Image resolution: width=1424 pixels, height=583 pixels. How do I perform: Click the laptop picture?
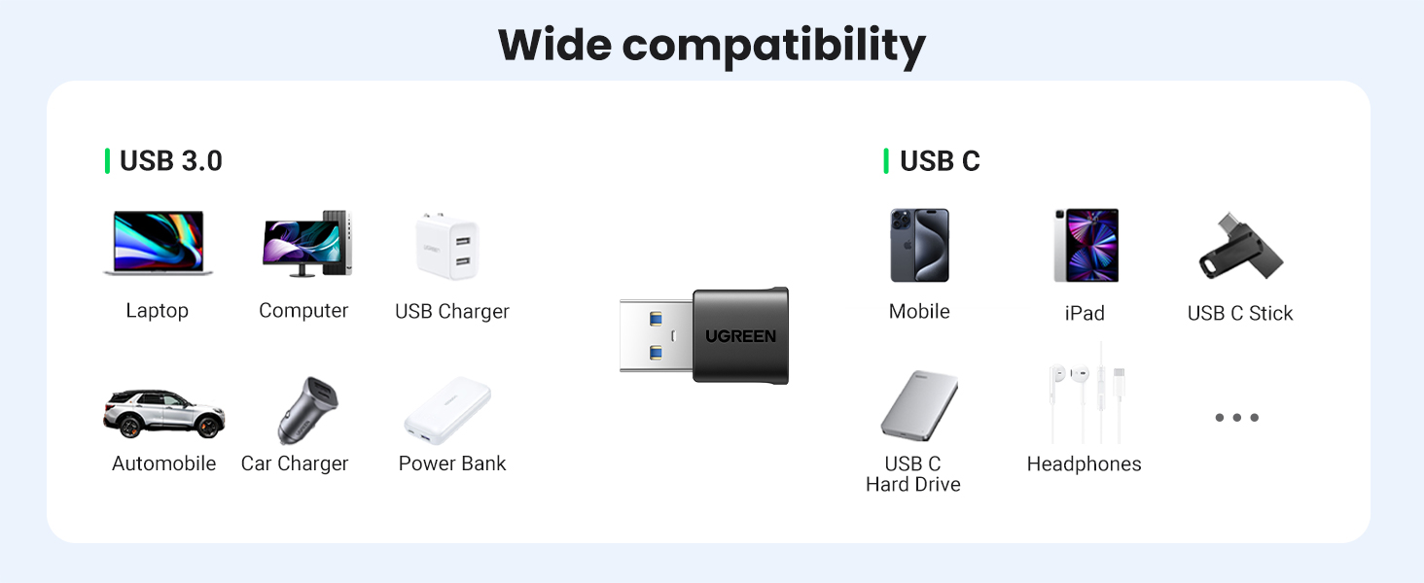tap(158, 243)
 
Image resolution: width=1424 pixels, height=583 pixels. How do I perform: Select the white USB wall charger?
tap(448, 247)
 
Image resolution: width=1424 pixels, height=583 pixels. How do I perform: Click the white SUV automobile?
tap(163, 414)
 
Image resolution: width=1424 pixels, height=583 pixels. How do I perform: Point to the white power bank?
tap(447, 410)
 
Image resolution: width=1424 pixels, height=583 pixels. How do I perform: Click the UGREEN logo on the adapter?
tap(740, 336)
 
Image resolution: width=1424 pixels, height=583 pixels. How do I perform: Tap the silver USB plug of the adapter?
tap(656, 335)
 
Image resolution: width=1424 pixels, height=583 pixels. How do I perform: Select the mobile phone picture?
tap(919, 245)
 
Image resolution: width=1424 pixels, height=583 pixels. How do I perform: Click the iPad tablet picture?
tap(1086, 245)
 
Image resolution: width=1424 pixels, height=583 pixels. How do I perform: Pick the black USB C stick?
tap(1240, 248)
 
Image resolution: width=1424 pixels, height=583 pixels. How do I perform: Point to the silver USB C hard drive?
tap(919, 406)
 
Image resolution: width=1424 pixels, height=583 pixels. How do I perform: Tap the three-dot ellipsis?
tap(1236, 418)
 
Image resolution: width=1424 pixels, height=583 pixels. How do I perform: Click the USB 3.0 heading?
tap(170, 161)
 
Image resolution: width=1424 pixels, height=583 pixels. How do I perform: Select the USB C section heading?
tap(940, 161)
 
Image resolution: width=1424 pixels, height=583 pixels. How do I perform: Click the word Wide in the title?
tap(553, 45)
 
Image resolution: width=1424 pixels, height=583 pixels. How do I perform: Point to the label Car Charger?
tap(295, 463)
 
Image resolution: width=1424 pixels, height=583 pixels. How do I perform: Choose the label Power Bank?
tap(452, 463)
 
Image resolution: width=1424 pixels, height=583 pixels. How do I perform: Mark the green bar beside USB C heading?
tap(886, 161)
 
